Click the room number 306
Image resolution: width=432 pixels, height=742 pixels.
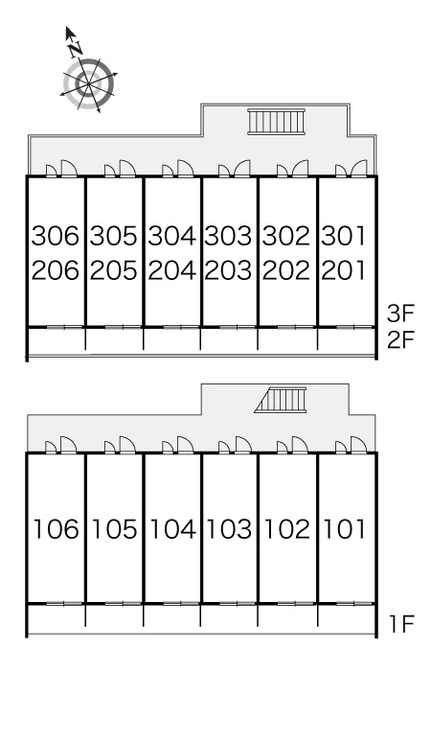pyautogui.click(x=55, y=236)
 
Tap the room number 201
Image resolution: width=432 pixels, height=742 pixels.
pyautogui.click(x=343, y=270)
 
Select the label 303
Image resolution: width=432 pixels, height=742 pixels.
pyautogui.click(x=228, y=236)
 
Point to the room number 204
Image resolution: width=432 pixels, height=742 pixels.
pyautogui.click(x=171, y=270)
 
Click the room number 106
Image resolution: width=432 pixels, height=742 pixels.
pyautogui.click(x=56, y=529)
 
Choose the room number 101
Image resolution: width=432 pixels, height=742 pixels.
pyautogui.click(x=344, y=529)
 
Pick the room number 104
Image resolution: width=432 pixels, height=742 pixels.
pyautogui.click(x=172, y=529)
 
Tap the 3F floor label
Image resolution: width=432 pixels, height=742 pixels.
pyautogui.click(x=400, y=313)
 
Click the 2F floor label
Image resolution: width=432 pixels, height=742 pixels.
pyautogui.click(x=400, y=339)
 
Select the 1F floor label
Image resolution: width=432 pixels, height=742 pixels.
pyautogui.click(x=401, y=624)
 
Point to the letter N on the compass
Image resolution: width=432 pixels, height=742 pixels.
pyautogui.click(x=75, y=48)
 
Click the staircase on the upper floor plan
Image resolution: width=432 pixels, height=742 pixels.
pyautogui.click(x=277, y=122)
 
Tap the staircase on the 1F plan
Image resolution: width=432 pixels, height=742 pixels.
pyautogui.click(x=281, y=400)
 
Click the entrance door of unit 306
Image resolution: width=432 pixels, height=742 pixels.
pyautogui.click(x=69, y=169)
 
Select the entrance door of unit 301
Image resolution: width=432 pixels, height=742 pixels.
pyautogui.click(x=359, y=169)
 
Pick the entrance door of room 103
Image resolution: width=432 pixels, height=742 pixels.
pyautogui.click(x=243, y=445)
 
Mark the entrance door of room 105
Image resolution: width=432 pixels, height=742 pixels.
pyautogui.click(x=127, y=445)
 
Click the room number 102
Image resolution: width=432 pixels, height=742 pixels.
pyautogui.click(x=286, y=529)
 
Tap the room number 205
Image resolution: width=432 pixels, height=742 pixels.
pyautogui.click(x=113, y=270)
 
